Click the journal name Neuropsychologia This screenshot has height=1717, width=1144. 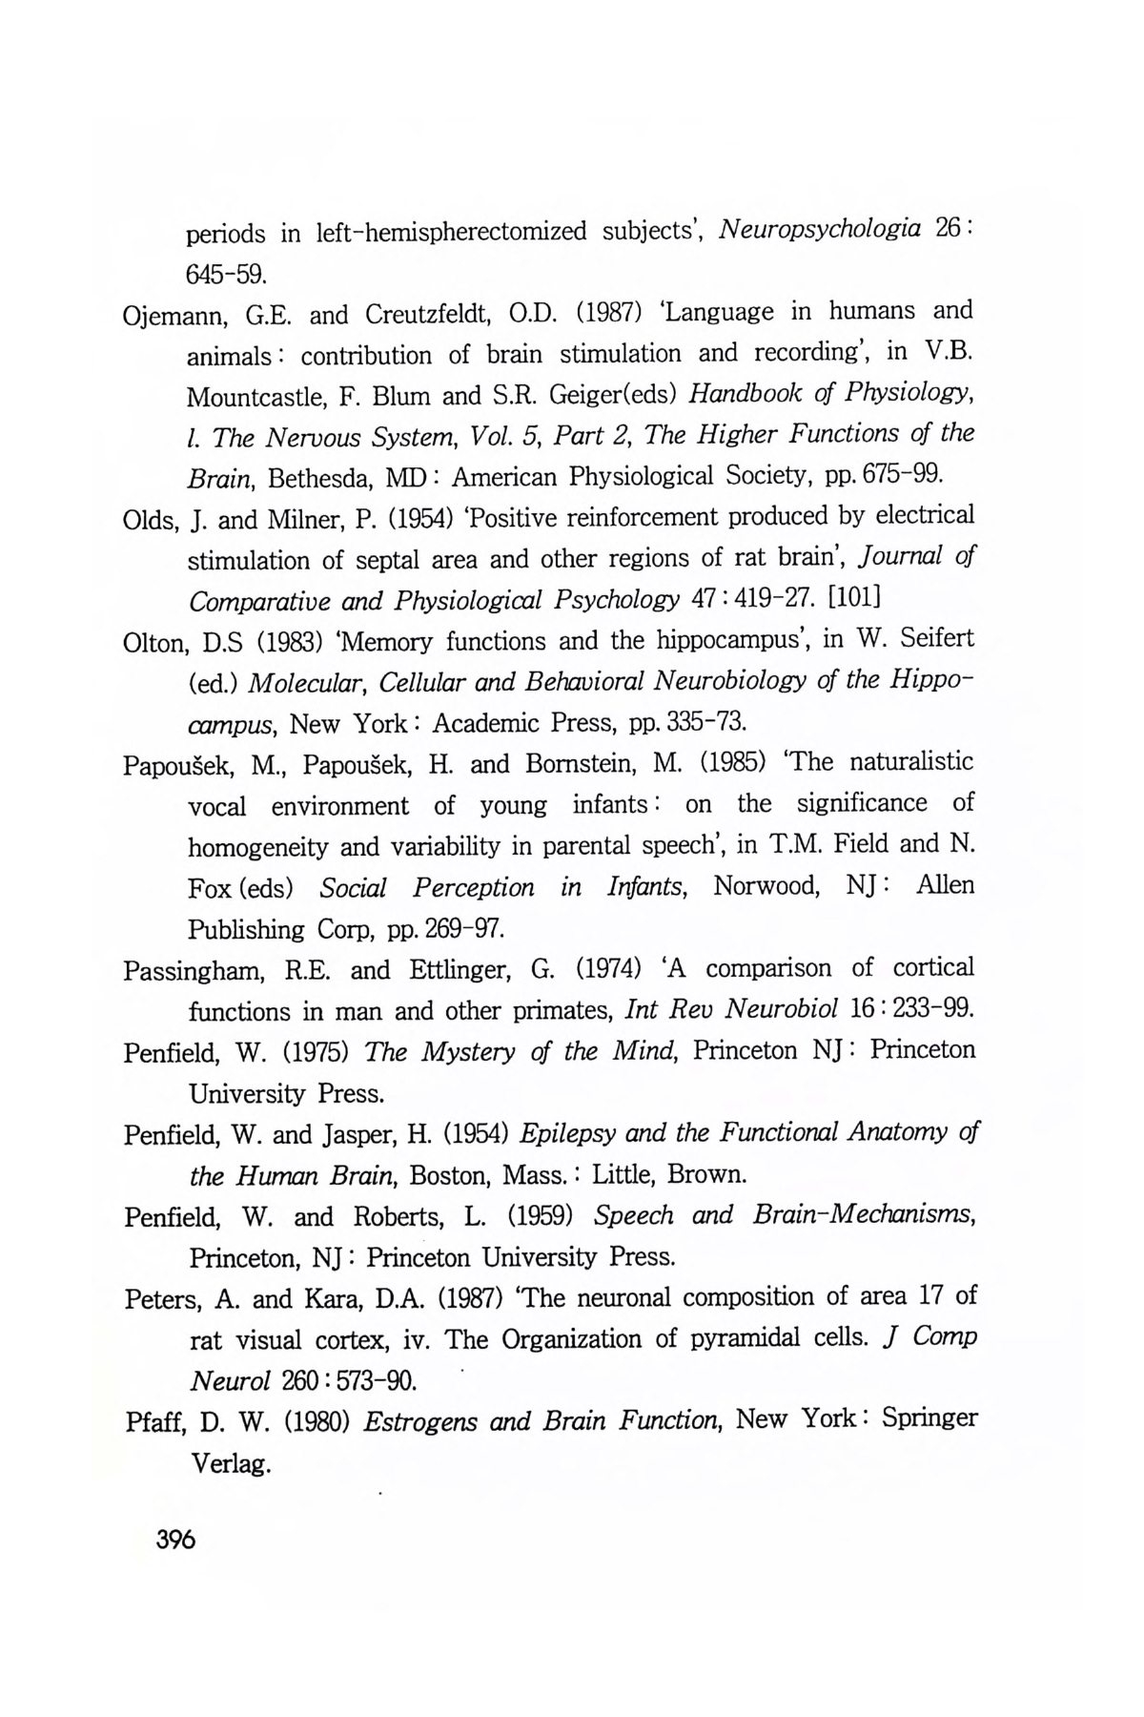coord(819,230)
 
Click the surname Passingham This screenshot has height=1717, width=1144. coord(196,970)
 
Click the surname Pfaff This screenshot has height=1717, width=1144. coord(156,1422)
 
